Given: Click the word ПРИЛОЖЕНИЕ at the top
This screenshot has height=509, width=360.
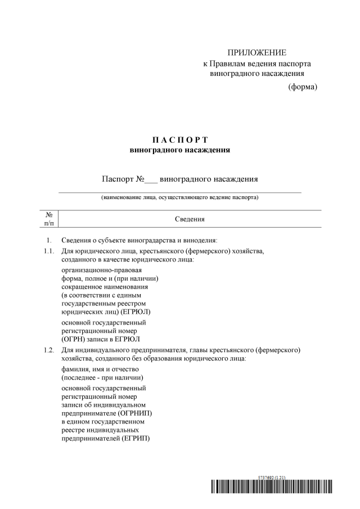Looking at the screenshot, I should (x=256, y=53).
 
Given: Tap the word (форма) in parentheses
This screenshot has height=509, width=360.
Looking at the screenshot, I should (x=303, y=87).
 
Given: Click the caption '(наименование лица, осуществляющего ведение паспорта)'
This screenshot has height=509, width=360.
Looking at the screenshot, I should (x=180, y=198).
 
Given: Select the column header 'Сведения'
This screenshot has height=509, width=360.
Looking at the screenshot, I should (x=189, y=219).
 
